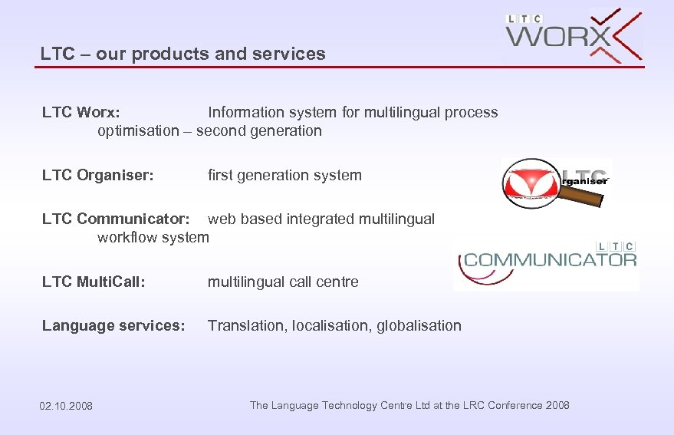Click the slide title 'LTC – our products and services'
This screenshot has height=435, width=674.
point(183,54)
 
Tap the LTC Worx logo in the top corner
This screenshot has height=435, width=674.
point(573,36)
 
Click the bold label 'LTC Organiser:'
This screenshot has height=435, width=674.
point(98,176)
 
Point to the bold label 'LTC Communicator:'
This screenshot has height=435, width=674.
point(116,219)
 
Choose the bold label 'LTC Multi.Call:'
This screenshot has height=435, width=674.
point(94,282)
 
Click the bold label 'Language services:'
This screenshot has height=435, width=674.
point(113,326)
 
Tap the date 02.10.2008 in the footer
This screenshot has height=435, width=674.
point(66,406)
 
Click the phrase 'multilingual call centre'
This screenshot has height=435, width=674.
point(283,282)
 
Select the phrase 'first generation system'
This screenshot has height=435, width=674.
point(284,176)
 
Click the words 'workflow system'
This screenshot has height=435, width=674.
point(153,238)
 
